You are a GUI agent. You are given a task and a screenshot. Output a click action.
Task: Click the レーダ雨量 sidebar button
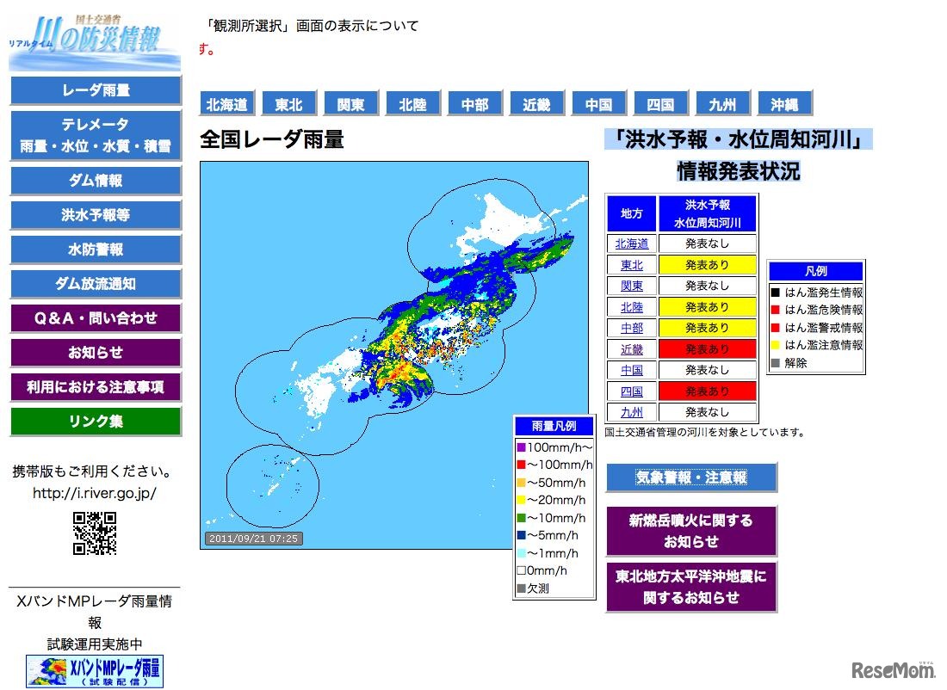click(x=96, y=90)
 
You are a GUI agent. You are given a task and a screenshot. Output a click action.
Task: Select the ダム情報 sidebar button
click(x=96, y=181)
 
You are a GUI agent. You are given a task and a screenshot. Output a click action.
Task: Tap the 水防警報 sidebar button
click(x=96, y=250)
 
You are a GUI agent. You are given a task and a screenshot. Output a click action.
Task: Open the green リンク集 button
click(x=96, y=422)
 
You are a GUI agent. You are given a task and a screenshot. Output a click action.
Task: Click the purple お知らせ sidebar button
click(x=96, y=353)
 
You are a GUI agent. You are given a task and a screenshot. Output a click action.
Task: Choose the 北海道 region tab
click(x=226, y=104)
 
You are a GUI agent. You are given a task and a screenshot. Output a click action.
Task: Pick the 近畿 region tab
click(x=536, y=104)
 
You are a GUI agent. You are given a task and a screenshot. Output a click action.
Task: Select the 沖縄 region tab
click(x=784, y=104)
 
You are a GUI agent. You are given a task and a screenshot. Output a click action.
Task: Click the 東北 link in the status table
click(x=631, y=265)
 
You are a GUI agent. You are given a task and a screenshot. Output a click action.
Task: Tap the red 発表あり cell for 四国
click(x=707, y=391)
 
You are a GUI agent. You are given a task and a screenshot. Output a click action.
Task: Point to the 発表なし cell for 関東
click(x=707, y=286)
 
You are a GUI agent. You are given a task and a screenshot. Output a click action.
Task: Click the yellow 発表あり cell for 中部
click(x=707, y=328)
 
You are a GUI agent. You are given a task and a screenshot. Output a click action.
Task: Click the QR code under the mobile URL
click(x=95, y=533)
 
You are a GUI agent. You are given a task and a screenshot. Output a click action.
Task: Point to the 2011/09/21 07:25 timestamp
click(x=254, y=539)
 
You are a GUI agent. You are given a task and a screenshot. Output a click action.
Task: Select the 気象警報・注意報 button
click(x=691, y=477)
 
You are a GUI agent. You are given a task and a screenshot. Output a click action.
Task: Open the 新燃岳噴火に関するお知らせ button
click(x=691, y=531)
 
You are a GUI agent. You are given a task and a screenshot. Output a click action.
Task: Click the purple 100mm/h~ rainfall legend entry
click(x=554, y=447)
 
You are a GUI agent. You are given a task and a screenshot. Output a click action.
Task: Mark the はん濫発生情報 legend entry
click(x=817, y=293)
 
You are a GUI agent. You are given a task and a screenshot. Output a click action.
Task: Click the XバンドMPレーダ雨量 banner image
click(x=95, y=671)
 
